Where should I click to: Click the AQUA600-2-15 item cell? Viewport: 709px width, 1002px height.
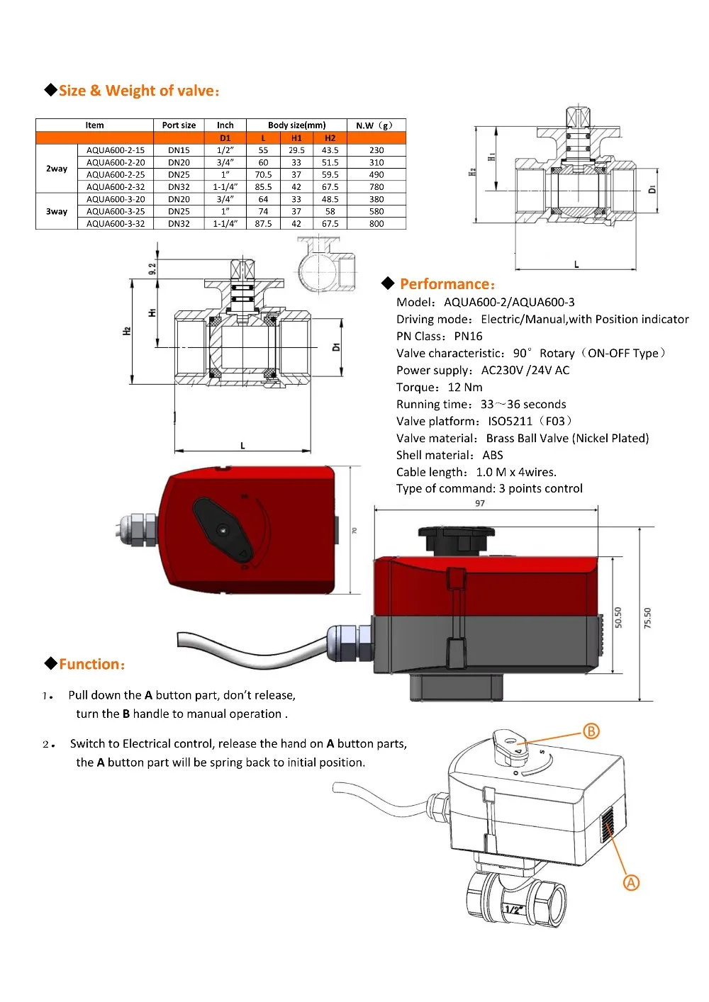pyautogui.click(x=116, y=150)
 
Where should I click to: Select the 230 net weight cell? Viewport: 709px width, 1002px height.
pyautogui.click(x=376, y=150)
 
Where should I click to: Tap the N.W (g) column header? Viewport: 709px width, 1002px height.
pyautogui.click(x=374, y=125)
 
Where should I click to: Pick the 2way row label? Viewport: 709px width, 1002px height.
pyautogui.click(x=57, y=169)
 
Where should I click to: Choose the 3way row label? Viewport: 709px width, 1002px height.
pyautogui.click(x=57, y=211)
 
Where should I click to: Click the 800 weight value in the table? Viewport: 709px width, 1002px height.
pyautogui.click(x=376, y=224)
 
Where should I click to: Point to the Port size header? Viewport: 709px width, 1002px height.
pyautogui.click(x=179, y=125)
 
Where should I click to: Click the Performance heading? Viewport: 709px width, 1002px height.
pyautogui.click(x=447, y=284)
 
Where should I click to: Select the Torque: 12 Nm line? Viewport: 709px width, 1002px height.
pyautogui.click(x=440, y=388)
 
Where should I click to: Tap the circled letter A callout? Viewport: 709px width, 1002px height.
pyautogui.click(x=631, y=883)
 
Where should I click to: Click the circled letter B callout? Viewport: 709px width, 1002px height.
pyautogui.click(x=591, y=731)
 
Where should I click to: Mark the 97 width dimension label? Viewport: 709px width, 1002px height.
pyautogui.click(x=480, y=503)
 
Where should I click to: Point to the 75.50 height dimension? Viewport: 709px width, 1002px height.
pyautogui.click(x=647, y=618)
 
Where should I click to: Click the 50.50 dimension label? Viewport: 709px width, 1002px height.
pyautogui.click(x=618, y=617)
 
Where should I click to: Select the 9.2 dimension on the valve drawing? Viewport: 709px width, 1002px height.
pyautogui.click(x=152, y=269)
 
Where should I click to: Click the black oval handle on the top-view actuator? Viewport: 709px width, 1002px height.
pyautogui.click(x=223, y=529)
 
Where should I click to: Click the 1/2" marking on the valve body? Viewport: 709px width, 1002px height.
pyautogui.click(x=513, y=909)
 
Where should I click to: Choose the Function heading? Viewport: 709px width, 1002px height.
pyautogui.click(x=92, y=665)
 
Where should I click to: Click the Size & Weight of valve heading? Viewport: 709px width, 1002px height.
pyautogui.click(x=139, y=91)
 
